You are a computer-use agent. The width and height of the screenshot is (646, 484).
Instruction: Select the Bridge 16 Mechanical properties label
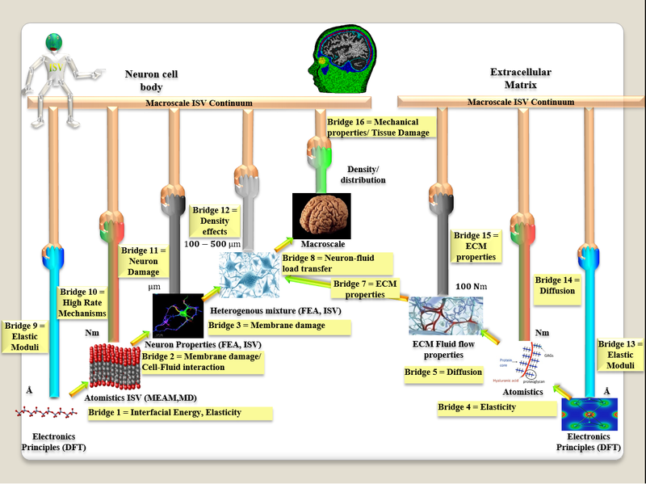[x=377, y=126]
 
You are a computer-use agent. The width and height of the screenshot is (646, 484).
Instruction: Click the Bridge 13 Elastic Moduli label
[x=619, y=355]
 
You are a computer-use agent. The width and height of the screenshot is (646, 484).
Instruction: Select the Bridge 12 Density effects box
[x=211, y=221]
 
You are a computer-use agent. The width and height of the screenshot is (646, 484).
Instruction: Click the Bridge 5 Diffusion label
[x=442, y=372]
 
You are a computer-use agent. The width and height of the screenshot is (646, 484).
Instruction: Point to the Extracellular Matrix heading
[x=514, y=78]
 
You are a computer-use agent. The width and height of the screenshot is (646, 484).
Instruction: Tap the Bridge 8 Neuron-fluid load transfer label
[x=337, y=263]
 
